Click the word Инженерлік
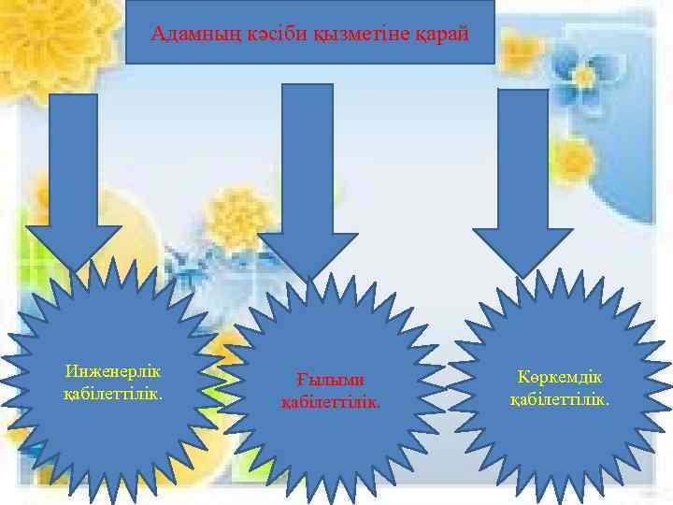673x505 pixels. click(113, 374)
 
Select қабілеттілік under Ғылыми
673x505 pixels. click(331, 401)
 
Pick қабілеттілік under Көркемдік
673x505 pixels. click(560, 399)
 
